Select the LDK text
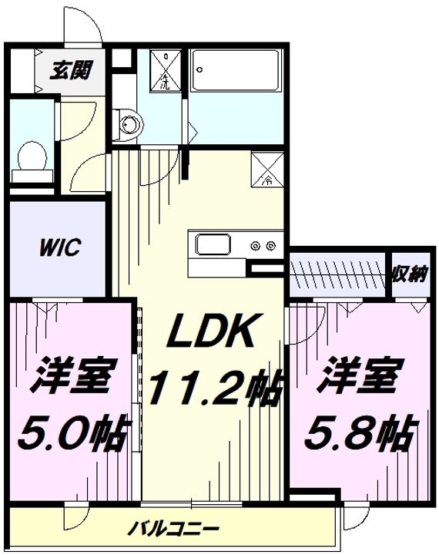(211, 334)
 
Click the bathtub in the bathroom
(236, 71)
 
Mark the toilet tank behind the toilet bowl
(31, 175)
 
